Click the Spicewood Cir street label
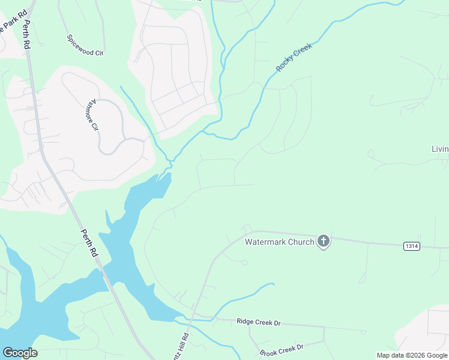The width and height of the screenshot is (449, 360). pos(85,45)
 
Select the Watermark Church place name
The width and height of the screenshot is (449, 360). pos(280,242)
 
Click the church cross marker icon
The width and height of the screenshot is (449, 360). pos(324,242)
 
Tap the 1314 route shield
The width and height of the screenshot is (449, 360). pos(411,245)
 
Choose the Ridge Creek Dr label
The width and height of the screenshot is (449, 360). pos(258,322)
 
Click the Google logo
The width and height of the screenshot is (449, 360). pos(20,353)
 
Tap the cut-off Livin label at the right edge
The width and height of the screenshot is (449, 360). pos(440,149)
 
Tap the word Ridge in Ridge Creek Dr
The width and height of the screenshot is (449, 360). pos(245,322)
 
